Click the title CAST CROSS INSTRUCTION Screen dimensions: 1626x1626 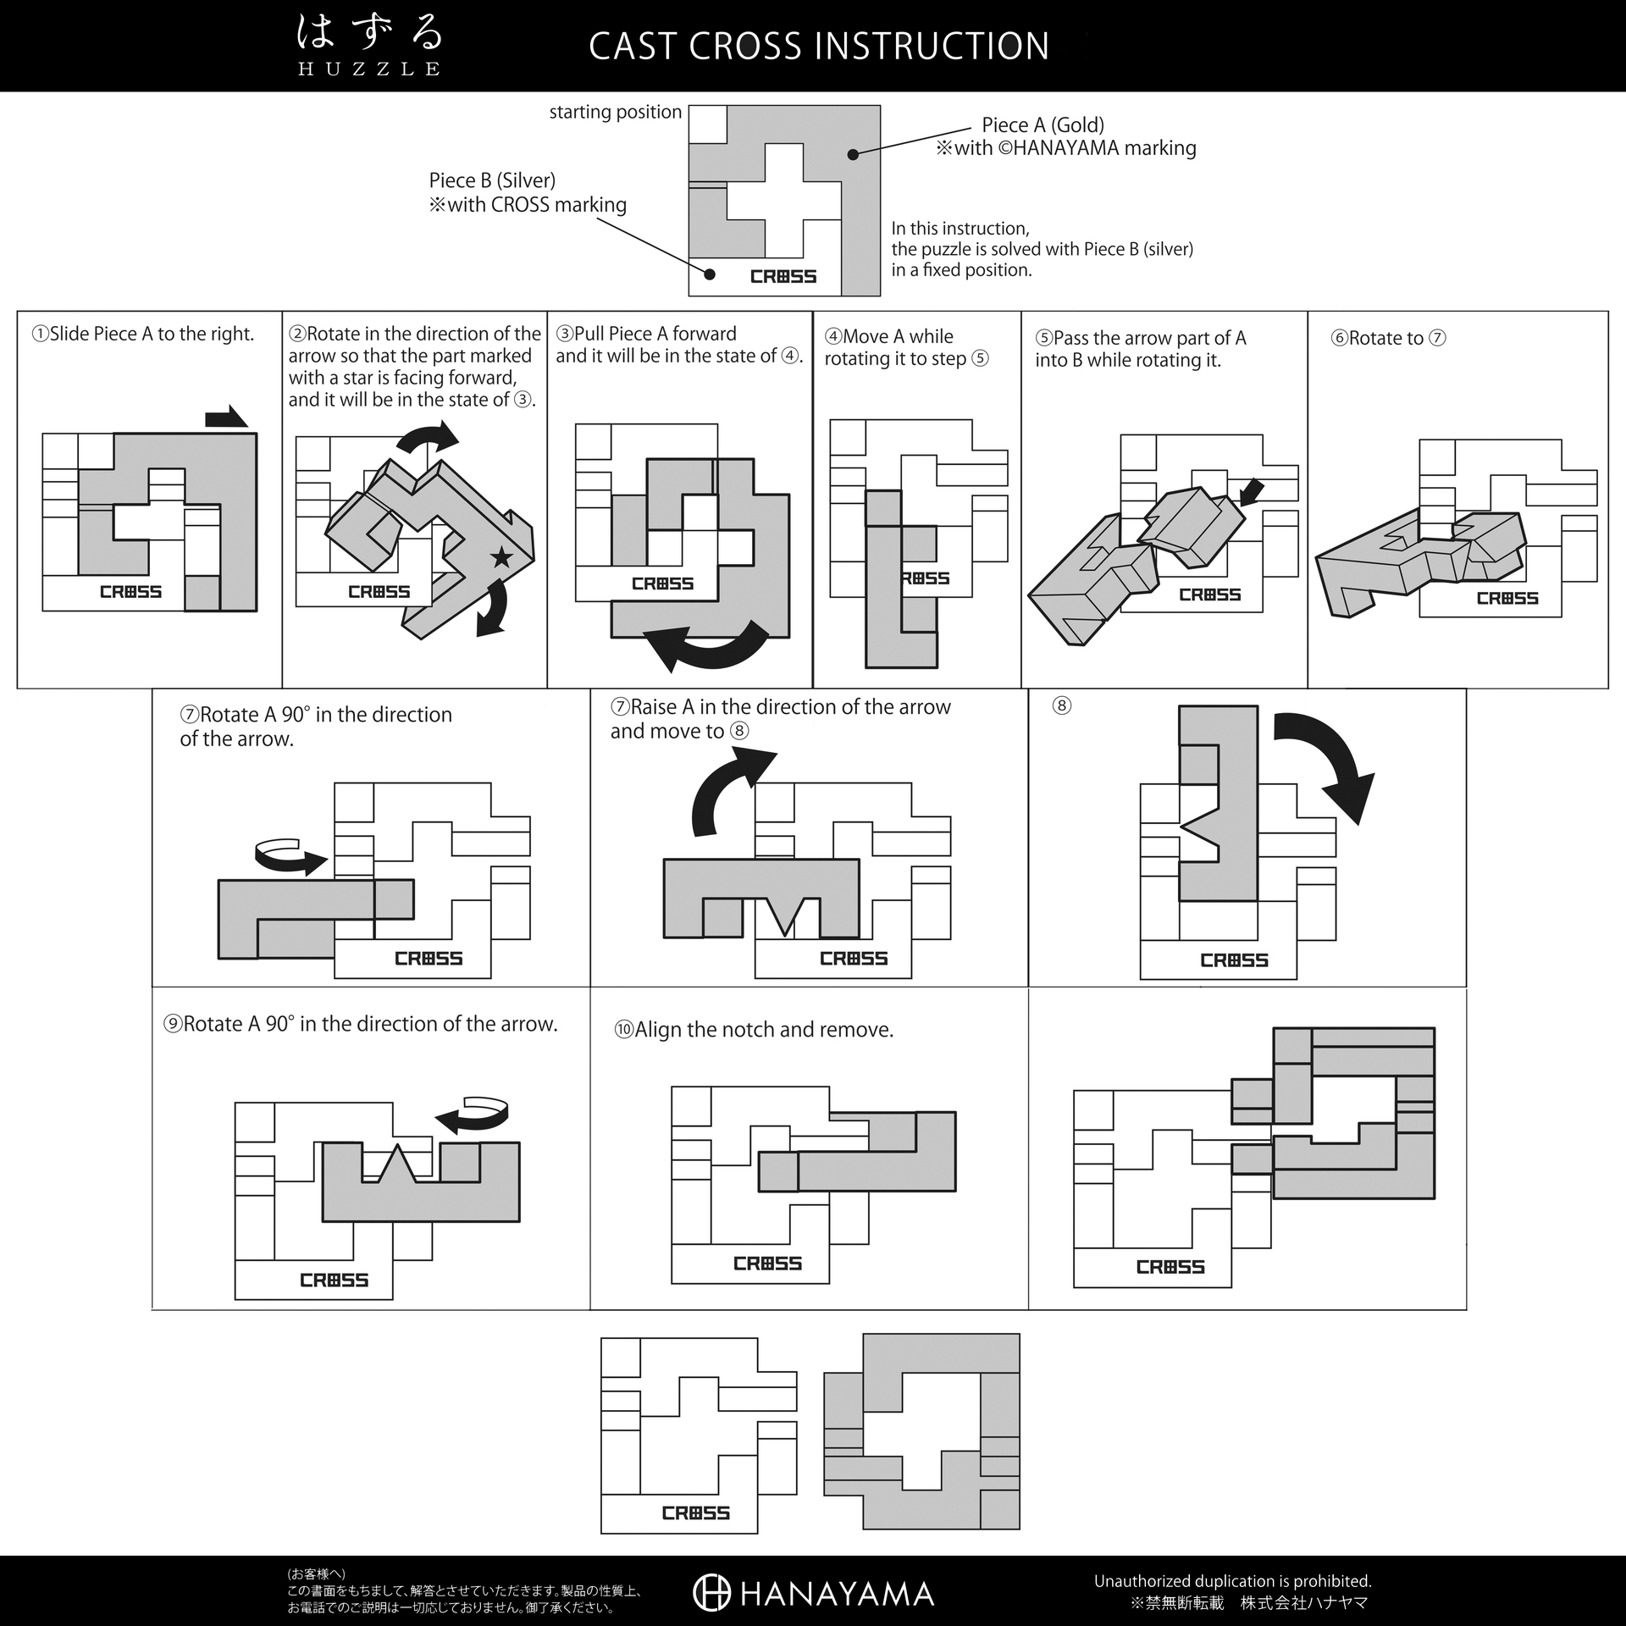[819, 46]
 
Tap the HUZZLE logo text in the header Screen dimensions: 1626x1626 [369, 69]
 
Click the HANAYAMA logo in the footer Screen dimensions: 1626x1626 [813, 1593]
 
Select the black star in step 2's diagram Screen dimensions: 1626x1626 [501, 557]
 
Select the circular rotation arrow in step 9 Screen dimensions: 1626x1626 [472, 1114]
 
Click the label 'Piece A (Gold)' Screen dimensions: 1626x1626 [1043, 125]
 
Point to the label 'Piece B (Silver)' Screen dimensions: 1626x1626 [492, 180]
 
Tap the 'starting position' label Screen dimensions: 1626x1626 [615, 112]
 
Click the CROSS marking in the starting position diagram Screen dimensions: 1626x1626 [783, 276]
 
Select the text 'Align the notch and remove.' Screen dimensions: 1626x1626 [764, 1030]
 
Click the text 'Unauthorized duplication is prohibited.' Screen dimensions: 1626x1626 [1232, 1581]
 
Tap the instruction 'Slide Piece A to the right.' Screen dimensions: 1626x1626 [152, 334]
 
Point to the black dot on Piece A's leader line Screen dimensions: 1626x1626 [854, 154]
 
